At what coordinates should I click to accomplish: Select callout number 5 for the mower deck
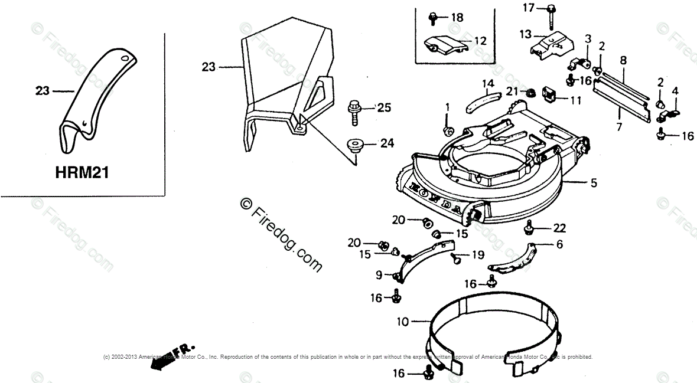pyautogui.click(x=594, y=184)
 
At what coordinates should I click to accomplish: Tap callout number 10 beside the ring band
pyautogui.click(x=402, y=323)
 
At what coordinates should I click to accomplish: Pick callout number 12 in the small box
pyautogui.click(x=480, y=41)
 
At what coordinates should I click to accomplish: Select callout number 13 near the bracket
pyautogui.click(x=525, y=35)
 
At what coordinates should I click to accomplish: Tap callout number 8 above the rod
pyautogui.click(x=623, y=60)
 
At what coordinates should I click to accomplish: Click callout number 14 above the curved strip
pyautogui.click(x=487, y=83)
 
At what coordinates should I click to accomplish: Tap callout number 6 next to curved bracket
pyautogui.click(x=559, y=244)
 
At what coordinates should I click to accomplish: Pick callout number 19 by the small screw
pyautogui.click(x=477, y=255)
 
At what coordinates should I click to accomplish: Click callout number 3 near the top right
pyautogui.click(x=588, y=39)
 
